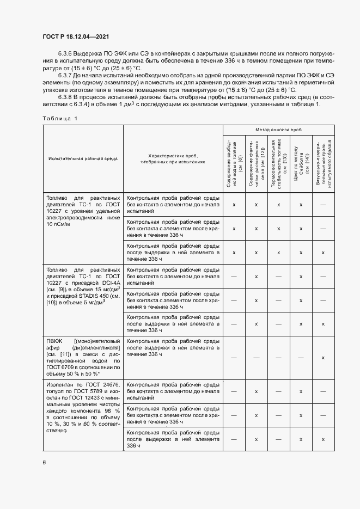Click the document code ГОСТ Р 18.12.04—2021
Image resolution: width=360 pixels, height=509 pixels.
(x=76, y=36)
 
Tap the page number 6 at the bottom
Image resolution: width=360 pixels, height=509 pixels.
(x=45, y=462)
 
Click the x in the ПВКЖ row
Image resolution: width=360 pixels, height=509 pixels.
(x=323, y=357)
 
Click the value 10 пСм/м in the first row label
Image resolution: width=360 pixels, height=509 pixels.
(x=59, y=224)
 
